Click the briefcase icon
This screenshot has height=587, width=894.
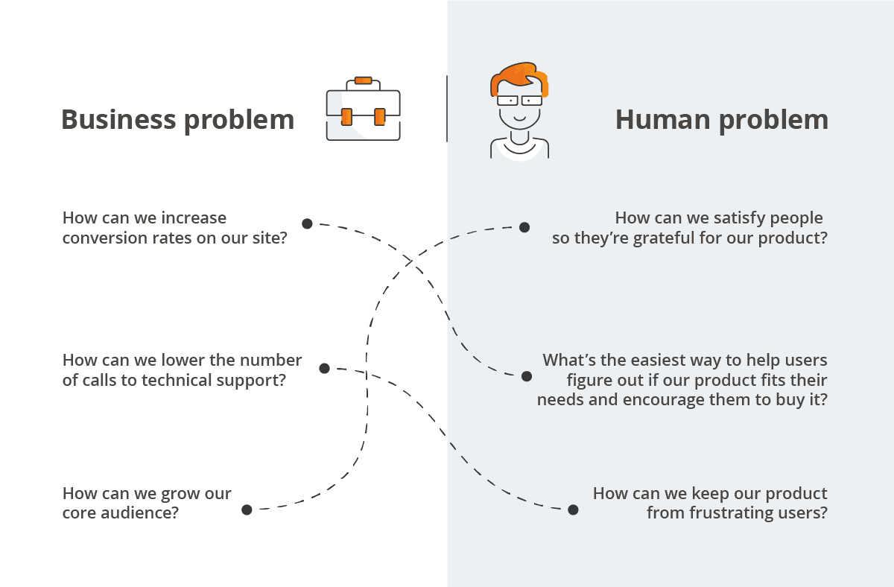(x=363, y=112)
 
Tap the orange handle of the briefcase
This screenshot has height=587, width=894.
(x=363, y=80)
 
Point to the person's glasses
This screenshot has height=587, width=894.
(x=520, y=100)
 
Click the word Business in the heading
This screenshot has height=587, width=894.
(x=118, y=119)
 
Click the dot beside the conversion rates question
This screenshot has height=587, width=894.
(x=307, y=223)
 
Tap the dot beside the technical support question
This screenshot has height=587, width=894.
(x=324, y=368)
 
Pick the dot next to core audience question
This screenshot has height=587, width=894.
(x=247, y=510)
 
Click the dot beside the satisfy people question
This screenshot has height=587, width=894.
(x=524, y=227)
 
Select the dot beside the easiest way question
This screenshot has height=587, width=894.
(x=527, y=376)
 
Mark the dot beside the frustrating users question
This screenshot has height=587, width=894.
(x=573, y=510)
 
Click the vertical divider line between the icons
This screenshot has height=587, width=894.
(x=447, y=108)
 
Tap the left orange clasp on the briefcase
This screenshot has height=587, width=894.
(x=346, y=116)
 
